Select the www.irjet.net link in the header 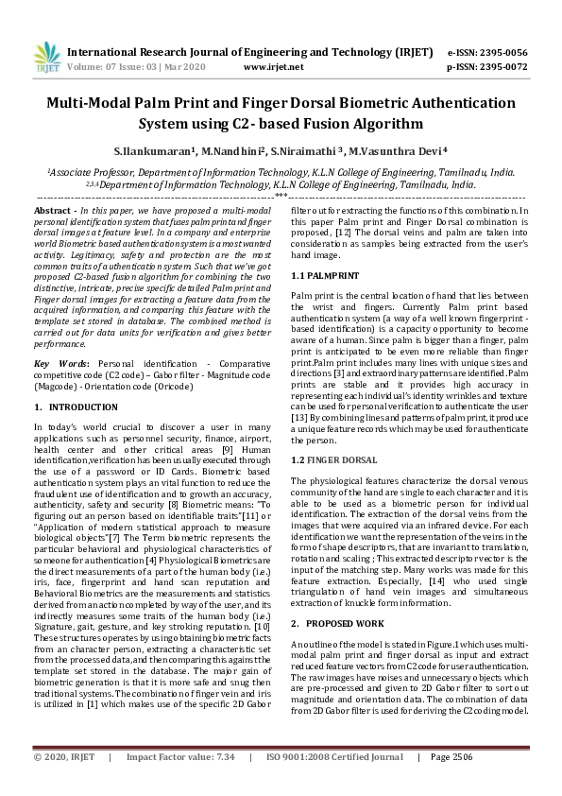coord(273,67)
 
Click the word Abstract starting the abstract coord(52,208)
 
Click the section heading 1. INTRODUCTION coord(77,407)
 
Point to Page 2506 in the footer coord(451,784)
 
